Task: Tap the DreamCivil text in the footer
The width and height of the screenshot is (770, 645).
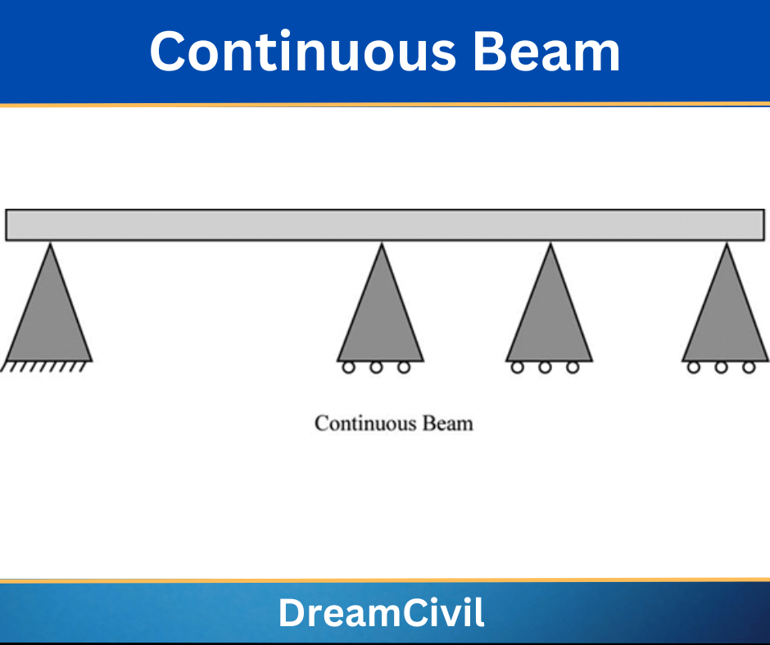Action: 381,613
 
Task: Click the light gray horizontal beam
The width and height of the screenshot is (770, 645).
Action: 385,225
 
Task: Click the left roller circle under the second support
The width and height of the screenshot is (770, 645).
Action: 348,368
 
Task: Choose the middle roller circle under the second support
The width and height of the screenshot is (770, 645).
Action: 376,368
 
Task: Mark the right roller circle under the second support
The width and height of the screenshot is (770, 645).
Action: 404,368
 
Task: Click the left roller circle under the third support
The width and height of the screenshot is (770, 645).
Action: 517,368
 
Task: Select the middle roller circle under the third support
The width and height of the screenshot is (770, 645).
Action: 545,368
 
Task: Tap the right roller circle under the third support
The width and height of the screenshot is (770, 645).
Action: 573,368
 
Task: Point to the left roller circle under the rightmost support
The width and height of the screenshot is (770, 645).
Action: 694,368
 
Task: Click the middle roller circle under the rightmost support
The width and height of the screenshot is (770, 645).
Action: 721,368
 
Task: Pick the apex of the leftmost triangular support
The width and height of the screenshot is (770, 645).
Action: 51,246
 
